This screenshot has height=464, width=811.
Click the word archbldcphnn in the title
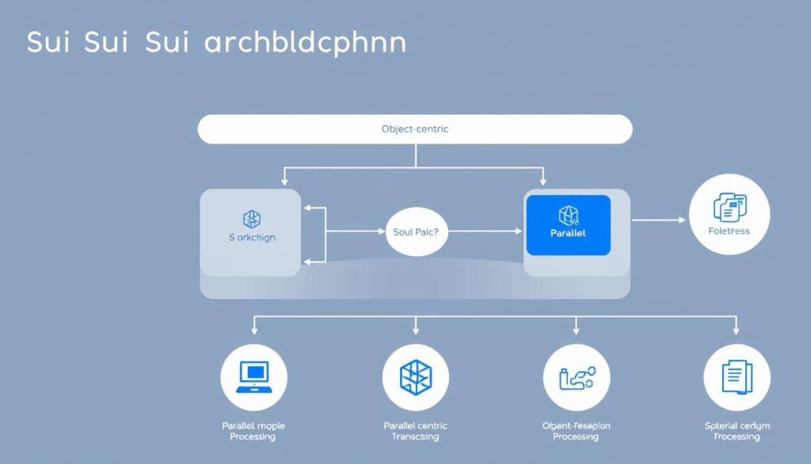coord(305,43)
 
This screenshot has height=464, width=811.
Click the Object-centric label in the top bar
coord(415,128)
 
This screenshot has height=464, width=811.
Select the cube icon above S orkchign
coord(252,219)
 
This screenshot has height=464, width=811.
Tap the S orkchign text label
coord(252,237)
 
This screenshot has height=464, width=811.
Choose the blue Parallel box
coord(567,225)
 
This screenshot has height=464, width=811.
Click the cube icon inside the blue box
coord(567,215)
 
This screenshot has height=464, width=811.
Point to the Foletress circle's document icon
coord(729,208)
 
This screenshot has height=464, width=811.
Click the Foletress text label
coord(729,231)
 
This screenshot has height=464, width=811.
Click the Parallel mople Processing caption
coord(253,431)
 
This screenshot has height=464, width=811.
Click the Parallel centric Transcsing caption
coord(415,431)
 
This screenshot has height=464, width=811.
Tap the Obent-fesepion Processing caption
coord(576,431)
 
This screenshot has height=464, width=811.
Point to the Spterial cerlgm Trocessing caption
coord(737,431)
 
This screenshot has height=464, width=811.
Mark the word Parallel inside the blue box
coord(567,233)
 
